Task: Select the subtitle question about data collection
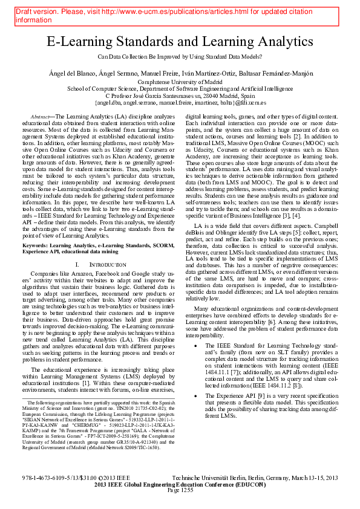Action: [x=180, y=56]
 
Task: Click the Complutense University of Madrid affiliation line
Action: [x=180, y=82]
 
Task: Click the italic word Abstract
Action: [x=39, y=115]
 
